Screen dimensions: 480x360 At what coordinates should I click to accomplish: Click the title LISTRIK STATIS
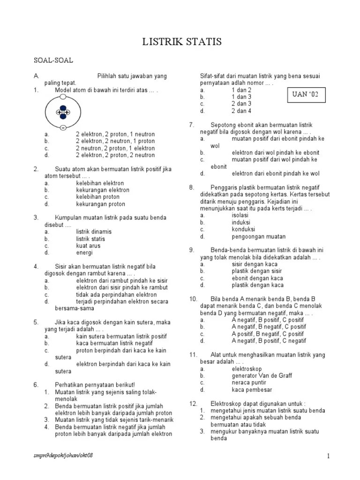point(182,43)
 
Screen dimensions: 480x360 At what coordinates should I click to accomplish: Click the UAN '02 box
point(305,94)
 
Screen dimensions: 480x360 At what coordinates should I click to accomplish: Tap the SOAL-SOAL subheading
point(53,60)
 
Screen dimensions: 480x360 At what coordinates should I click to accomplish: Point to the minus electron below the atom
point(63,127)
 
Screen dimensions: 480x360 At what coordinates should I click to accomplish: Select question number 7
point(192,125)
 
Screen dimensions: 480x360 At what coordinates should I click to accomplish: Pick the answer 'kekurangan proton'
point(101,204)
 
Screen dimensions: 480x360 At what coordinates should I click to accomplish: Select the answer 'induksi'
point(241,222)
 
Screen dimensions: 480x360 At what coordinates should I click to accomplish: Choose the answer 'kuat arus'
point(89,246)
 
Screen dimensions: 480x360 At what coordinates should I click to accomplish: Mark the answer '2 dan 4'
point(241,111)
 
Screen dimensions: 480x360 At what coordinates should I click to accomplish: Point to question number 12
point(193,403)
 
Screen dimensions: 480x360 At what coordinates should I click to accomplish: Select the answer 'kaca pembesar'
point(252,390)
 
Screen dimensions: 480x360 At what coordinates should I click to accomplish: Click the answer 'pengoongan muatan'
point(258,236)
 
